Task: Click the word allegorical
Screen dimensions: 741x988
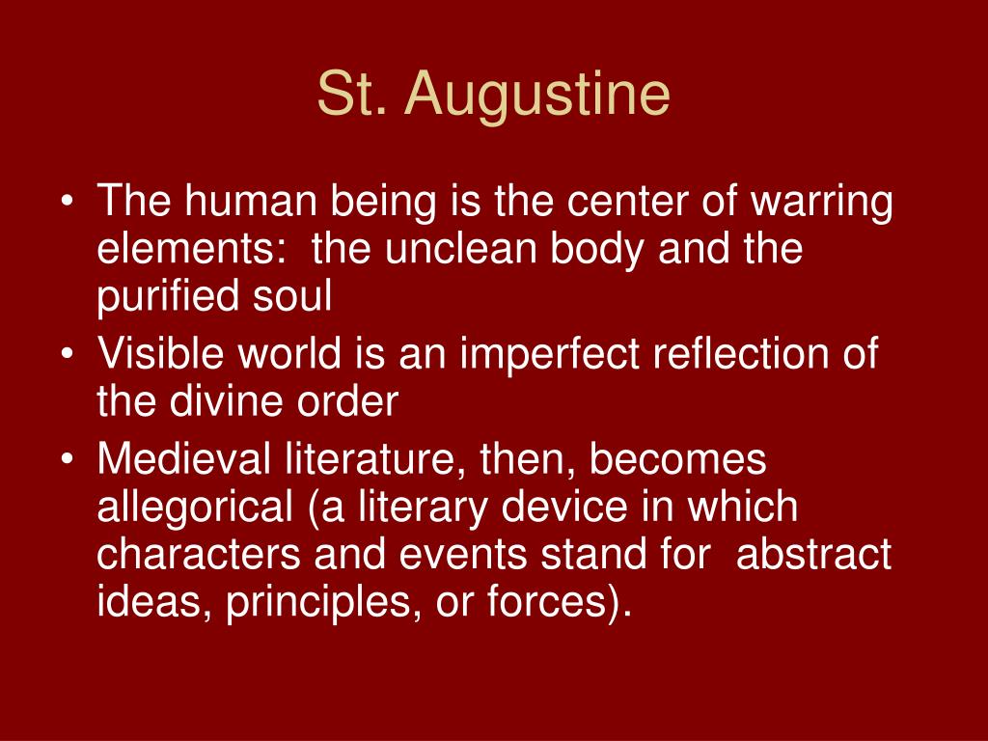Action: (193, 508)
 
